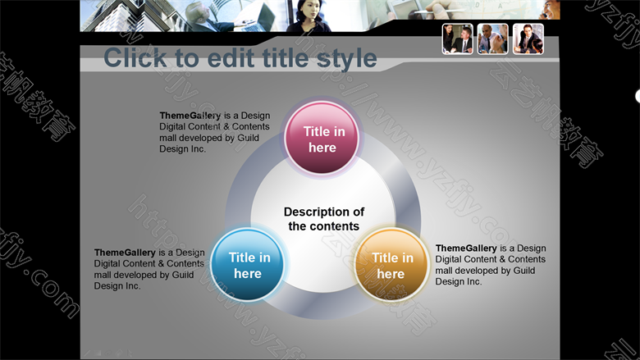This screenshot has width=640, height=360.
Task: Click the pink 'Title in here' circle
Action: pos(322,139)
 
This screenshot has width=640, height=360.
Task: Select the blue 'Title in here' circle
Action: pos(247,265)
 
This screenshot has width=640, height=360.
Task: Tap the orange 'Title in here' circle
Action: pos(391,265)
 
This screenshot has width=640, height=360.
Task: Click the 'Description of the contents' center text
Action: pos(324,219)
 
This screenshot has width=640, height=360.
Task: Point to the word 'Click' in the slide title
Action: pos(135,57)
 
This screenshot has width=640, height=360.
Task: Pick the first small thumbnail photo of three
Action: pos(458,39)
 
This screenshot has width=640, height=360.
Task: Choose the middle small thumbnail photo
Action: pos(492,39)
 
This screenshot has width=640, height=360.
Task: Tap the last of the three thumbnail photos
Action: pos(528,39)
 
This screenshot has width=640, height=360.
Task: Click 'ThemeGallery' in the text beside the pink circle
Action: pos(190,116)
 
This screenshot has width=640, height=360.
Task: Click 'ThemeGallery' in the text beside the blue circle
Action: pos(125,253)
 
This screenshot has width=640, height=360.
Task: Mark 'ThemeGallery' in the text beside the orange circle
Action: pos(466,248)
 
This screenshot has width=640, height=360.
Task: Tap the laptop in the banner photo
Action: pos(253,17)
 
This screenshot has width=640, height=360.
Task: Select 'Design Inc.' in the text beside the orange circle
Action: pos(459,282)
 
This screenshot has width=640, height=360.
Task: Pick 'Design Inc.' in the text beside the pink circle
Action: pos(182,149)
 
